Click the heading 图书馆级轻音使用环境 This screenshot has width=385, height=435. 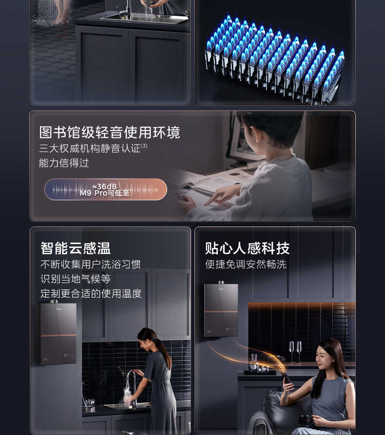coord(110,132)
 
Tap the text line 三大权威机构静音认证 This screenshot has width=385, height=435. coord(90,149)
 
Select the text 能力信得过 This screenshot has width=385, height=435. coord(64,163)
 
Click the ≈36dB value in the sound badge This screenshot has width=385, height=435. coord(105,186)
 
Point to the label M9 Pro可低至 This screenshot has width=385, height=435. coord(105,193)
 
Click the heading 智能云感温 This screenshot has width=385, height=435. coord(76,248)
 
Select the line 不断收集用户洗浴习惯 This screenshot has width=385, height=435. coord(91,265)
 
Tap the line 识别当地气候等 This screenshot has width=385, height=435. coord(76,279)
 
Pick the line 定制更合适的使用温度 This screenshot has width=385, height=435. coord(91,294)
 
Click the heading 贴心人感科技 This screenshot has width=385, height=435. coord(247,248)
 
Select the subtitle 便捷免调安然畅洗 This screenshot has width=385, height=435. coord(246,265)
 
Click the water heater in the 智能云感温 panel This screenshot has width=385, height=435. coord(58,333)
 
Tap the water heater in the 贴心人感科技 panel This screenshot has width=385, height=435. coord(221,309)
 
